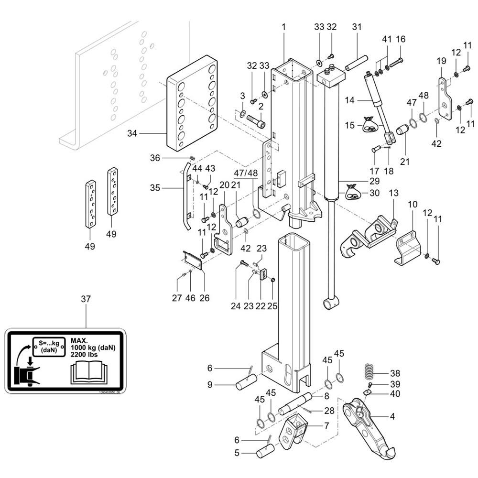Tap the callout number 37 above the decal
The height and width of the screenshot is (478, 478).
tap(86, 299)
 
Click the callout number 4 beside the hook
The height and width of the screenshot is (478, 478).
tap(392, 416)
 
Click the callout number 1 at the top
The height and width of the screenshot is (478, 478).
tap(283, 27)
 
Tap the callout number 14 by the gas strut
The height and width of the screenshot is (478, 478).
tap(350, 101)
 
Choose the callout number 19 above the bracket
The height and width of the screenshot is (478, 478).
tap(441, 61)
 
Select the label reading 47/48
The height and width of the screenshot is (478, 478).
tap(246, 173)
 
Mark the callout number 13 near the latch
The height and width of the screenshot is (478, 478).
tap(393, 193)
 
